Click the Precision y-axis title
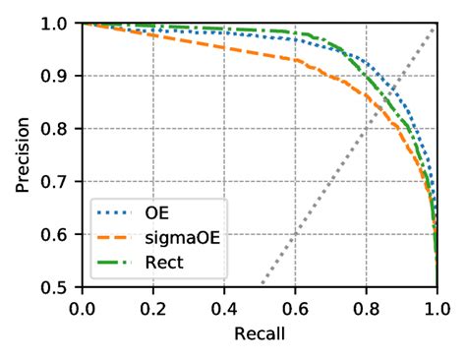pos(22,153)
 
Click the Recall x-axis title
pos(260,334)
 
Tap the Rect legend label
pos(162,263)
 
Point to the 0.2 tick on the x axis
pos(153,307)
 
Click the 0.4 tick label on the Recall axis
pos(224,307)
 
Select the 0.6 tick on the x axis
pos(295,307)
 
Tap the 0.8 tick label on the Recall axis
pos(366,307)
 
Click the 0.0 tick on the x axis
pos(83,307)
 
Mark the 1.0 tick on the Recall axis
pos(436,307)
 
